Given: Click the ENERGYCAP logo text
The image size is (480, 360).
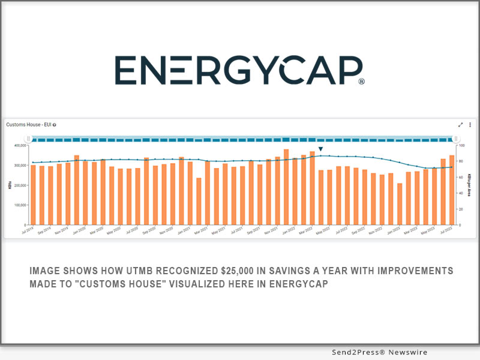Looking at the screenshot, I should (x=234, y=71).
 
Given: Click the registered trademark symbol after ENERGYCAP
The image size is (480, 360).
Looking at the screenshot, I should (x=361, y=80).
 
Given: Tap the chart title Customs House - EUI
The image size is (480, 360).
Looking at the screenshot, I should (x=28, y=125).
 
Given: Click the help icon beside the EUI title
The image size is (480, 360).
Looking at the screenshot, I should (x=55, y=125).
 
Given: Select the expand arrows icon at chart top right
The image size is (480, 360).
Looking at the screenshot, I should (x=461, y=125).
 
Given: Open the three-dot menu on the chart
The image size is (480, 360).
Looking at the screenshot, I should (x=470, y=125).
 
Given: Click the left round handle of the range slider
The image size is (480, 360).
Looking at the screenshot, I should (x=28, y=139).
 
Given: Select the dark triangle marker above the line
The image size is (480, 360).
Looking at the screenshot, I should (x=321, y=149).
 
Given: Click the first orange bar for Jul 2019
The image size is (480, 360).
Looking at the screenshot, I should (x=33, y=195).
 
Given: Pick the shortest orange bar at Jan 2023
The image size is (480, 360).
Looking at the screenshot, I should (x=400, y=204).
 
